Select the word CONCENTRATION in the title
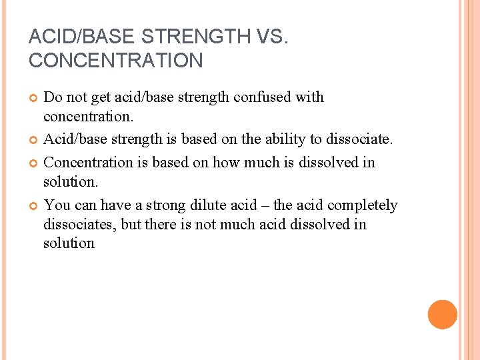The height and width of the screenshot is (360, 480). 115,61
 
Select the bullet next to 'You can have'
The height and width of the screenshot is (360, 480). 33,206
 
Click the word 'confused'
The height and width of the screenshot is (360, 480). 261,97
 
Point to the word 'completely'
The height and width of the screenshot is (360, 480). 362,205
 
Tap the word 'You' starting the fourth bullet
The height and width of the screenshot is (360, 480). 55,205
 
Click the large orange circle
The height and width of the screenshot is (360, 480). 443,315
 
